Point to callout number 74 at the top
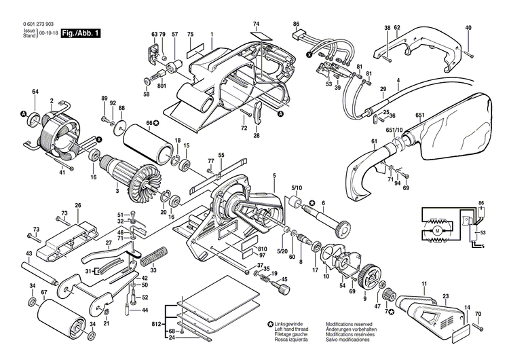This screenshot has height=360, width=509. tap(256, 23)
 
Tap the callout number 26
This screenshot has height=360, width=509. tap(78, 206)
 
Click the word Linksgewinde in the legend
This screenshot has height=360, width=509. tap(291, 324)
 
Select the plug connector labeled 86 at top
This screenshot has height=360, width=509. tap(301, 39)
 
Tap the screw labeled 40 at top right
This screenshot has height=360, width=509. tap(469, 48)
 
